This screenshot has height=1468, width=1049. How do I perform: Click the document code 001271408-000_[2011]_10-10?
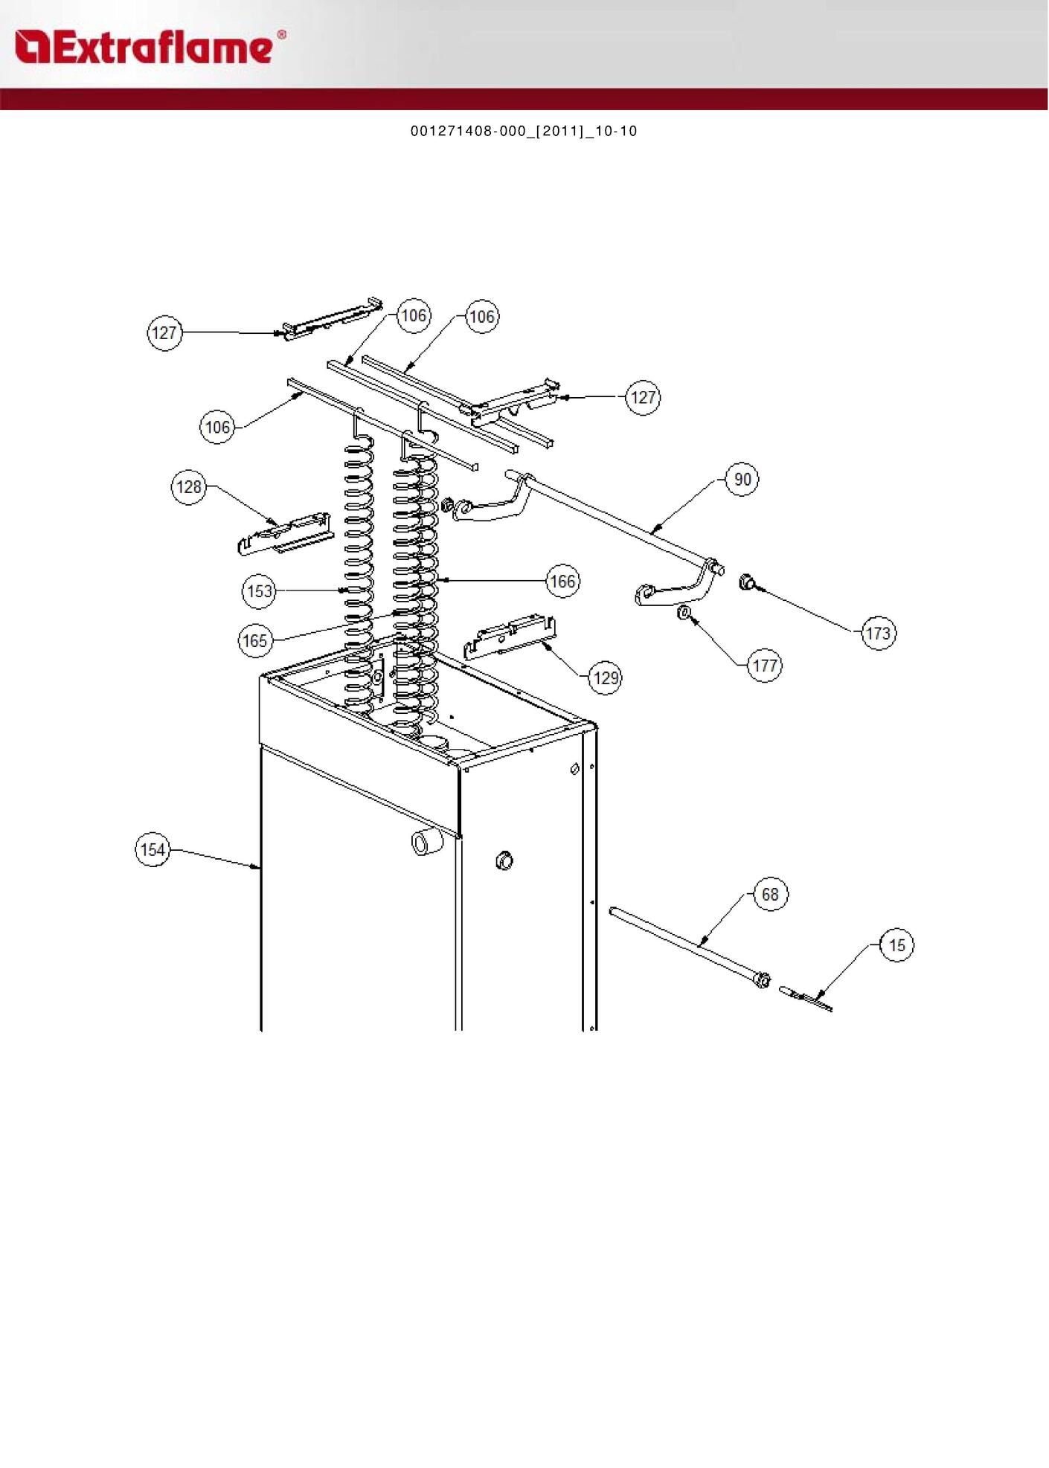pos(524,132)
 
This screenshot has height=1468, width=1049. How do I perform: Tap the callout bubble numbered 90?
pos(742,480)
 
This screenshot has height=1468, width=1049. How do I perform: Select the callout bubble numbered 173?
pos(878,634)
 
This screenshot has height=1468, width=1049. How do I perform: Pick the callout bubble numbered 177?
pos(765,666)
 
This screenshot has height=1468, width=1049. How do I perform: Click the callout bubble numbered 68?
pos(770,894)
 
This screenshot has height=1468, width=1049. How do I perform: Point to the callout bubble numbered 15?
pos(896,944)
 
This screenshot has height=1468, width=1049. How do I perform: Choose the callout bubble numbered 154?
pos(153,849)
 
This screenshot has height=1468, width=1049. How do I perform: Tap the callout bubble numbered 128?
pos(188,487)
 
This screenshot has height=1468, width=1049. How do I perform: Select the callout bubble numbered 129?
pos(606,677)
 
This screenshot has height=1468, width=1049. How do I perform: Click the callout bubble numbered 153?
pos(260,591)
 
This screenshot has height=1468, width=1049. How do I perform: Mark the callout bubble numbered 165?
pos(255,640)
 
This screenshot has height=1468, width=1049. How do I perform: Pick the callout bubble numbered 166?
pos(562,581)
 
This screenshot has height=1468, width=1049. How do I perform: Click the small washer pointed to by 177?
pos(683,614)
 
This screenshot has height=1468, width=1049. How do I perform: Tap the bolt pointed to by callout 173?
pos(746,582)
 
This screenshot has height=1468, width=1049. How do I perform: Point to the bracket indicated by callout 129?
pos(510,637)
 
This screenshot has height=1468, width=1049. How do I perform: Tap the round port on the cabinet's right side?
pos(504,860)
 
